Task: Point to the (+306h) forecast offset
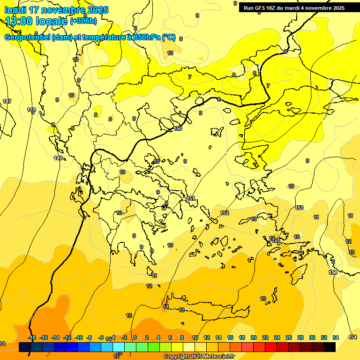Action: click(x=83, y=21)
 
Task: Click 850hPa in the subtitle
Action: click(x=147, y=37)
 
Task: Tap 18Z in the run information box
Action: click(x=271, y=8)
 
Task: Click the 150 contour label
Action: click(x=178, y=128)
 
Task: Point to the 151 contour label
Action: click(x=191, y=199)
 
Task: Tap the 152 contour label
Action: click(x=225, y=213)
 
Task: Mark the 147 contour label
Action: click(x=7, y=101)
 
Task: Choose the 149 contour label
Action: click(x=58, y=158)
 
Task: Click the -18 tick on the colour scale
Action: click(x=32, y=337)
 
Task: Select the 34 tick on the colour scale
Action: click(x=336, y=337)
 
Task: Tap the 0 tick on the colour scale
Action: click(x=135, y=337)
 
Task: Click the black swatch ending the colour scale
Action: click(x=330, y=347)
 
